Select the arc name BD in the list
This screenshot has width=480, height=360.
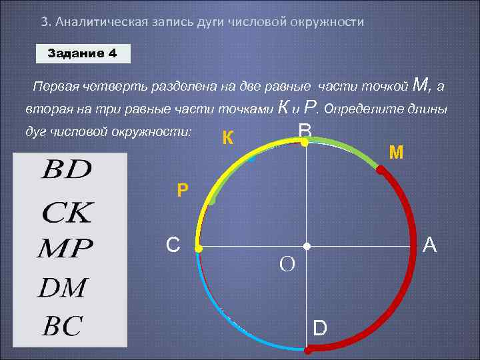pos(67,170)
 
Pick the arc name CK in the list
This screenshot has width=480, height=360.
pos(67,213)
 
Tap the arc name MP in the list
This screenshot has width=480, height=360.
pos(64,250)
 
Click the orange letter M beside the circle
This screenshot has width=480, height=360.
pos(396,153)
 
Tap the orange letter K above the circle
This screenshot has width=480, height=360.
pos(227,138)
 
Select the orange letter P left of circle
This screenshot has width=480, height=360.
pos(183,191)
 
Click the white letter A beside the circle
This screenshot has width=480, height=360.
pos(430,246)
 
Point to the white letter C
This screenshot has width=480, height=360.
pos(173,245)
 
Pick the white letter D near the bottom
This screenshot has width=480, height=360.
pos(320,329)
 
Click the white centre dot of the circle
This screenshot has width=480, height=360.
pos(307,247)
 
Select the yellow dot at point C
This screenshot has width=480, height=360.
pos(198,248)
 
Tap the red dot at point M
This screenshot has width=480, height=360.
pos(380,170)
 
